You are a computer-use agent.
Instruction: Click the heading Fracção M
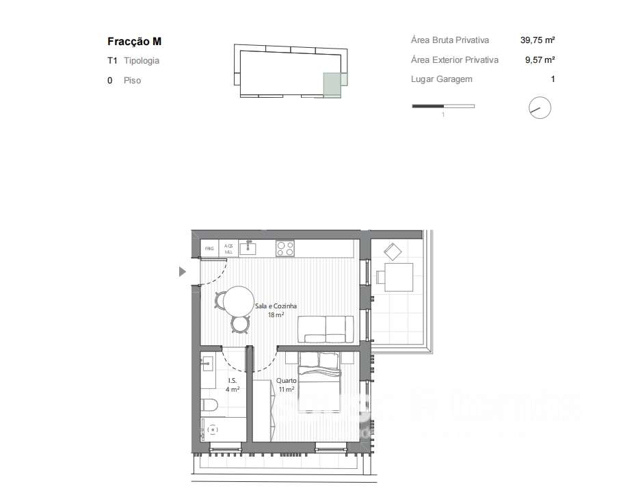pyautogui.click(x=135, y=42)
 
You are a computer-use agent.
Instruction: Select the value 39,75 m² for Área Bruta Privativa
pyautogui.click(x=537, y=40)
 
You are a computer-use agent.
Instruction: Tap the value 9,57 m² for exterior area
pyautogui.click(x=539, y=60)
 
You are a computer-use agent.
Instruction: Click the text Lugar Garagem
pyautogui.click(x=441, y=79)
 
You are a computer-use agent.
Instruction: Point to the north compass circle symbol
pyautogui.click(x=540, y=108)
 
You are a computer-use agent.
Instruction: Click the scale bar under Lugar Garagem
pyautogui.click(x=443, y=106)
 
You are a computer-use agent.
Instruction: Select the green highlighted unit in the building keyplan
pyautogui.click(x=332, y=85)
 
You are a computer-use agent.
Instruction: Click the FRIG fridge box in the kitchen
pyautogui.click(x=209, y=248)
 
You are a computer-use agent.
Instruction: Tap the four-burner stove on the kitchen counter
pyautogui.click(x=285, y=248)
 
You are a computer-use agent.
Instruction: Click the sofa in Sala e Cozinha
pyautogui.click(x=326, y=329)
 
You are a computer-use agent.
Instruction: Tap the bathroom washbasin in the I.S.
pyautogui.click(x=207, y=364)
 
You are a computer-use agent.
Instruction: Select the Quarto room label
pyautogui.click(x=285, y=385)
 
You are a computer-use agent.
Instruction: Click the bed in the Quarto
pyautogui.click(x=319, y=383)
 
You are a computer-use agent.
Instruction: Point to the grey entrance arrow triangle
pyautogui.click(x=182, y=272)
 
